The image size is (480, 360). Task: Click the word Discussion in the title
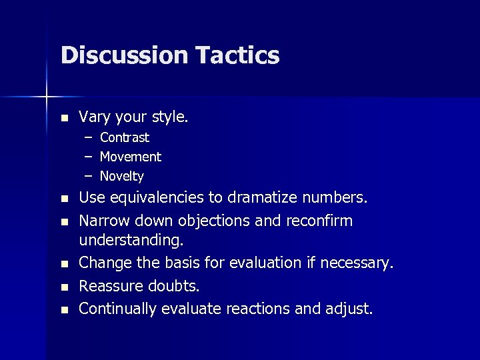117,55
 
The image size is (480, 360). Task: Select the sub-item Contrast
125,138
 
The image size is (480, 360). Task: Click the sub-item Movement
131,157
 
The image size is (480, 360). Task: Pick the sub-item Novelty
122,177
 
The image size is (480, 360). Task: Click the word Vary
93,117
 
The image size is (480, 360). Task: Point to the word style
170,117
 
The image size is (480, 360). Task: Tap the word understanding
130,239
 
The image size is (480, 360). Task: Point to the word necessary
357,264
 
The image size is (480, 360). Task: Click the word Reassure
109,286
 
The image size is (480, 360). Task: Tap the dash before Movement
88,157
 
